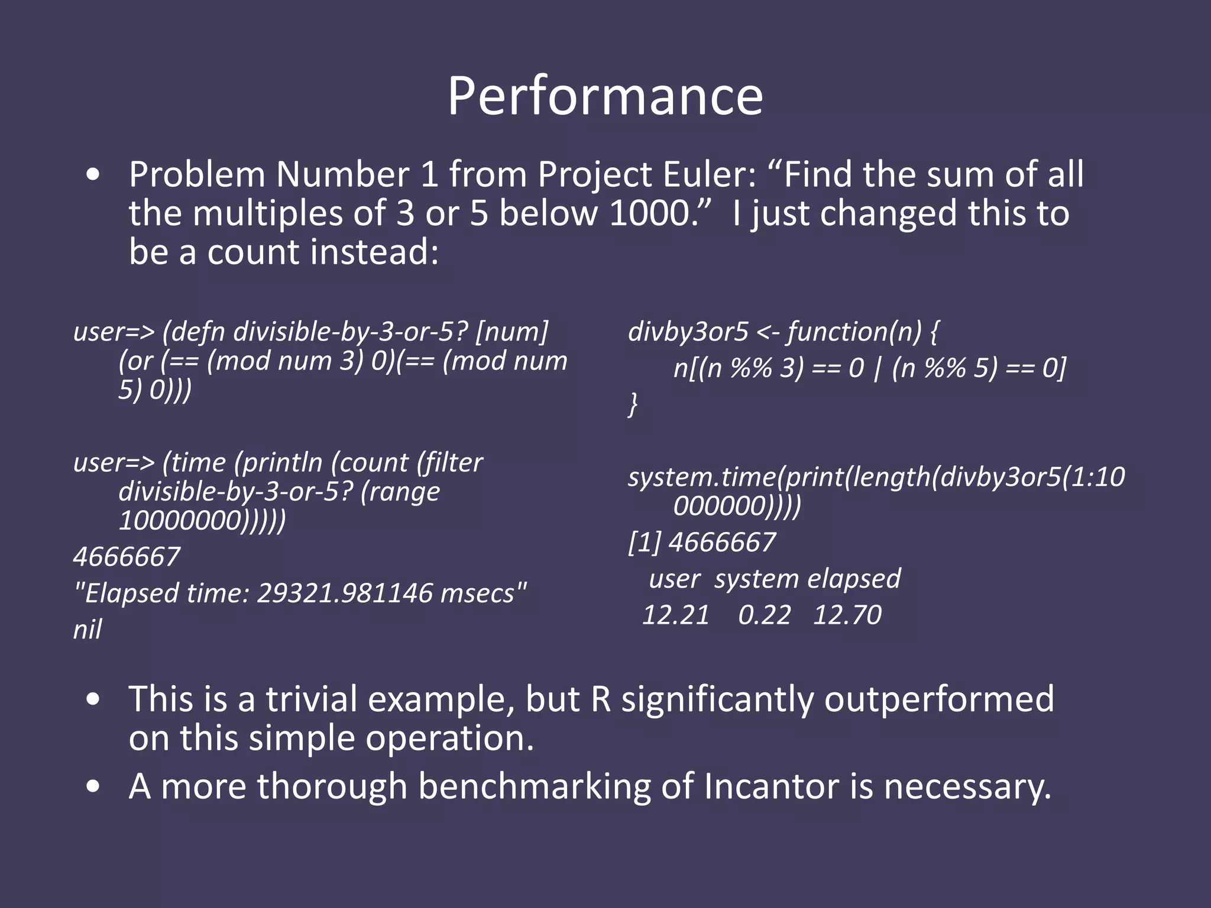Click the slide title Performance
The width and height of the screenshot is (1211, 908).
[x=605, y=96]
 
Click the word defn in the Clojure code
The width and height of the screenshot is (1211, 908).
[x=199, y=332]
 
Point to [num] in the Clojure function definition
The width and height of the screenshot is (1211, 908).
[x=512, y=332]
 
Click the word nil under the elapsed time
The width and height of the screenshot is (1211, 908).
[x=88, y=630]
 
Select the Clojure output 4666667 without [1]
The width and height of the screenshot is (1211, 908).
[x=127, y=557]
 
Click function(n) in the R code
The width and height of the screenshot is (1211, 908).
[x=854, y=332]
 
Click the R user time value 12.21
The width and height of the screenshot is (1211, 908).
[x=676, y=615]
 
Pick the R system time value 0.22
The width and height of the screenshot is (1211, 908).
[x=764, y=615]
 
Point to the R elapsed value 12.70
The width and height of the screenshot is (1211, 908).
[x=847, y=615]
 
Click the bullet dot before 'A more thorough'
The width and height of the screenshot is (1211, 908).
[x=92, y=787]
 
